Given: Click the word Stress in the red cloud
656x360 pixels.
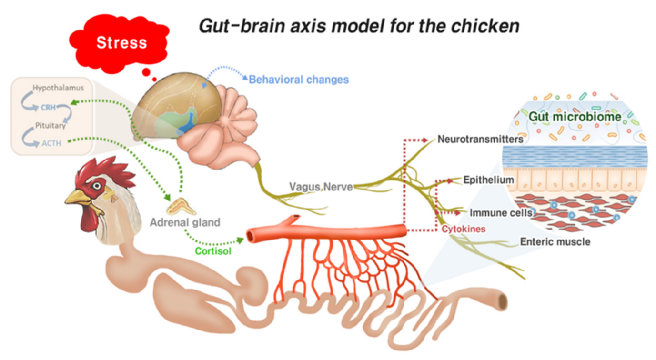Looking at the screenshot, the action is [121, 43].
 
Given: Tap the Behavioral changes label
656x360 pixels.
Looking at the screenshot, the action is [299, 80].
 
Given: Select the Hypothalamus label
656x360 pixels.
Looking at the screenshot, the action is [58, 88].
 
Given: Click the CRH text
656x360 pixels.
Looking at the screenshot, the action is [48, 108].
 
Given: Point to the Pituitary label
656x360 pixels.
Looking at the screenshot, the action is [50, 126].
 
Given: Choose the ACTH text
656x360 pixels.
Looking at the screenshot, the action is [51, 143].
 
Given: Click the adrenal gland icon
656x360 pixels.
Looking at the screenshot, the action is [181, 206].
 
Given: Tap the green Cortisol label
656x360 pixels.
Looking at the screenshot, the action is [213, 251].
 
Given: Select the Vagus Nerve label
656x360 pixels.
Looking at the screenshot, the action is [321, 187].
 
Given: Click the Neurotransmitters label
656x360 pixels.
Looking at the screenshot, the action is [480, 140].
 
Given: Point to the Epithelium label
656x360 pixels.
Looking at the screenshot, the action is [488, 180].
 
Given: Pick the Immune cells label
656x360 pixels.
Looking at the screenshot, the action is [501, 213].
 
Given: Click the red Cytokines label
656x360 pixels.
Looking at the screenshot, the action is [464, 229].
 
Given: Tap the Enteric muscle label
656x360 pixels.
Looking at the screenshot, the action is [555, 242].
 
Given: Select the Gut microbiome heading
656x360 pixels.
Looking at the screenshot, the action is [575, 117].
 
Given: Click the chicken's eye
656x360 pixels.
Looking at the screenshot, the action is [97, 186].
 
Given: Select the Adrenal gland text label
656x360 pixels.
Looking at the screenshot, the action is [185, 223].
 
